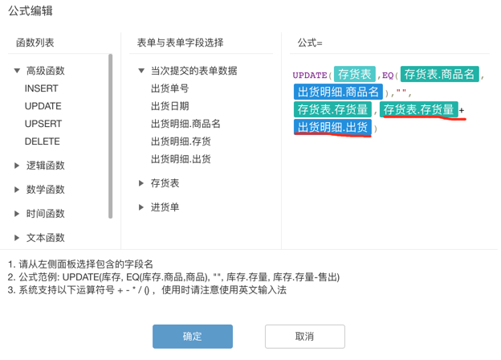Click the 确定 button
[193, 336]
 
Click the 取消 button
[304, 336]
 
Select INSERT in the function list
[41, 88]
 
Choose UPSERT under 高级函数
[43, 124]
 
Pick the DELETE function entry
[43, 141]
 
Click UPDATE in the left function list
[43, 106]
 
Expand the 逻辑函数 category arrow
[17, 166]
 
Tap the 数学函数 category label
[46, 190]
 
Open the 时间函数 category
[46, 214]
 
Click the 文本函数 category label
[46, 238]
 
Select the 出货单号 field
[169, 88]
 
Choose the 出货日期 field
[169, 106]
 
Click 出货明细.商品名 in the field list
[185, 124]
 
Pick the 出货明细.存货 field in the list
[181, 141]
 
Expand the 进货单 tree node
[141, 207]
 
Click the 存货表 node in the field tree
[165, 183]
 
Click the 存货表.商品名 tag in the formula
[439, 75]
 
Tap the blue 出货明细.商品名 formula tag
[338, 92]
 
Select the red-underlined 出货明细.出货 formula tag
[332, 128]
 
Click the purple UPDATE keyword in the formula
[310, 76]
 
